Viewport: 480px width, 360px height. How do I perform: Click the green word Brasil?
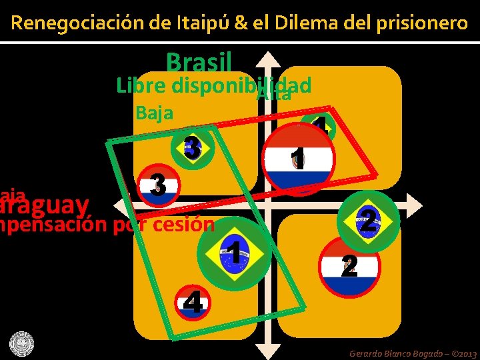click(199, 63)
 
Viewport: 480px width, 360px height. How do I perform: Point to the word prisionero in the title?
click(423, 23)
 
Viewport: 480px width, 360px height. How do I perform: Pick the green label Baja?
click(154, 113)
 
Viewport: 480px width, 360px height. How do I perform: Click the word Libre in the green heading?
click(141, 86)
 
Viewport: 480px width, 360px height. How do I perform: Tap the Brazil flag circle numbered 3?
click(193, 148)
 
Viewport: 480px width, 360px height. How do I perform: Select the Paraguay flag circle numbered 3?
click(158, 185)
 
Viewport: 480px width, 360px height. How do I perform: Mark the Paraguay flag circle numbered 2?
click(350, 266)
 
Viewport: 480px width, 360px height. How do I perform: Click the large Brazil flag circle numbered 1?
click(234, 253)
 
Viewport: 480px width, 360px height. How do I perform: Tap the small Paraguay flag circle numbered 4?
click(193, 304)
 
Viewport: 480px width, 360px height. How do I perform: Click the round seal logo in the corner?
click(21, 344)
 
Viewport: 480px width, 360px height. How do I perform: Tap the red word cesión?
click(183, 225)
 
